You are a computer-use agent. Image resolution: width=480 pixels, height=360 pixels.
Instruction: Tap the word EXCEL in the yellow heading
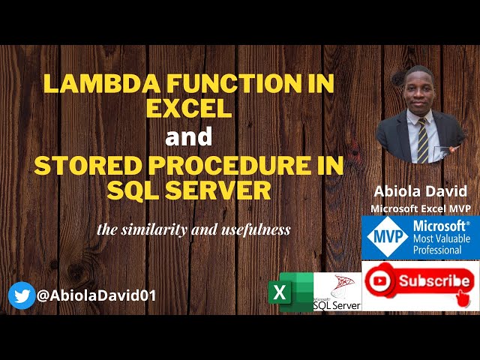click(x=188, y=109)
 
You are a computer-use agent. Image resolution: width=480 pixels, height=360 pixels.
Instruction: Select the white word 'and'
click(x=189, y=137)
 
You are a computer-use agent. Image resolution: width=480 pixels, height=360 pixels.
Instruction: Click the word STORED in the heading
click(x=81, y=166)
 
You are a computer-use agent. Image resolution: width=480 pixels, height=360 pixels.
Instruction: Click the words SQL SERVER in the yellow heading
click(x=188, y=190)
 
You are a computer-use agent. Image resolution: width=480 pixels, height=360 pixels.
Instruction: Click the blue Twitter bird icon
click(x=22, y=295)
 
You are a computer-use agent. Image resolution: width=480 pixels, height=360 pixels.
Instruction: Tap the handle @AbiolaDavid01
click(x=96, y=295)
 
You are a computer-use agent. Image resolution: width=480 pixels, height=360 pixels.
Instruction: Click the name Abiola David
click(x=420, y=192)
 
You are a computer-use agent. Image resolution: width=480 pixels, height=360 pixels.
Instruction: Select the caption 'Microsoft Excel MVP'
click(x=420, y=208)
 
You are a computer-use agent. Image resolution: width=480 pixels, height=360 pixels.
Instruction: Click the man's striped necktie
click(x=422, y=141)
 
